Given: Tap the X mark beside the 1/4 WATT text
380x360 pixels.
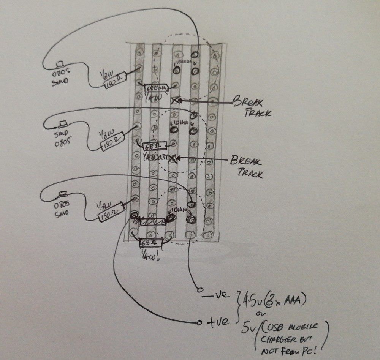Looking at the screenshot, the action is tap(174, 159).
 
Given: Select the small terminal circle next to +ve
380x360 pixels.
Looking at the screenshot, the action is tap(199, 323).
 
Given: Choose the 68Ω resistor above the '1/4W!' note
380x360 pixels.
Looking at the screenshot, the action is tap(151, 242).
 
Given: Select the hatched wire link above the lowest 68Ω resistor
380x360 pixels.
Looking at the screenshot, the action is tap(152, 221).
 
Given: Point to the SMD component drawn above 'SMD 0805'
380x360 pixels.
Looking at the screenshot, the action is tap(62, 123).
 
